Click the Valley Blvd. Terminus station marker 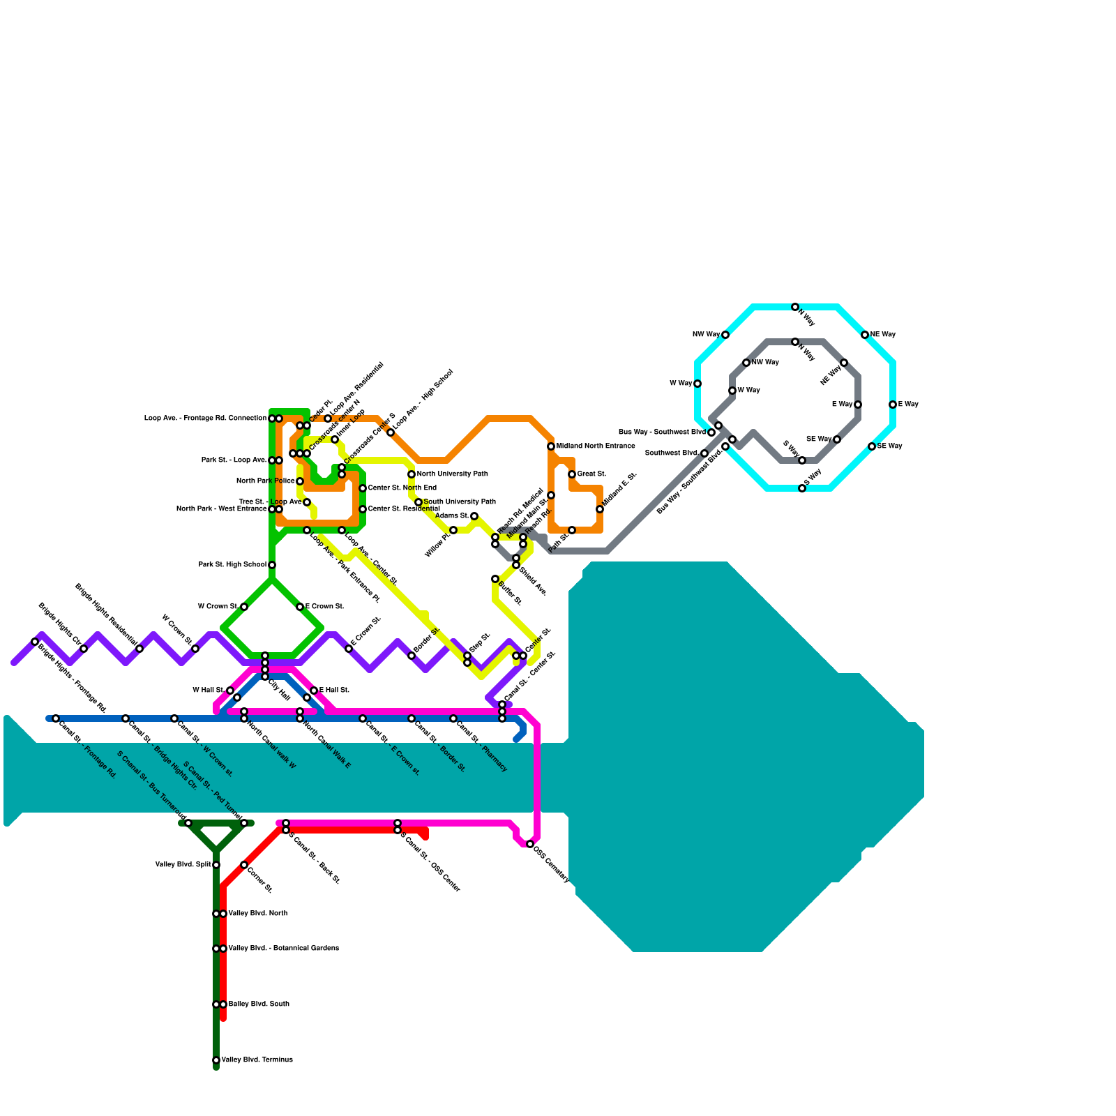216,1060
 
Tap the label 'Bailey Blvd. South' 259,1004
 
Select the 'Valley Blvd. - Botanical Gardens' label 283,949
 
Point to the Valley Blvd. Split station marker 216,865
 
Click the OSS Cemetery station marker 530,844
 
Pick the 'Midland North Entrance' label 596,446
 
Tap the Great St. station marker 572,474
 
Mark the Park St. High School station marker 272,565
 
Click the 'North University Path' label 452,474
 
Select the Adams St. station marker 474,516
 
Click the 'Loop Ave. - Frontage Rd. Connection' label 205,418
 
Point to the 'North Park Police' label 265,481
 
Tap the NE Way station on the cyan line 865,335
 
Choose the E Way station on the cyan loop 893,405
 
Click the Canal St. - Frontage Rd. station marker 56,718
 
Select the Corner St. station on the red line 244,865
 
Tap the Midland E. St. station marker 600,509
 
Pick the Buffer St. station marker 495,579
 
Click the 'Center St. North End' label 402,488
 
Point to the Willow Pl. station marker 453,530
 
